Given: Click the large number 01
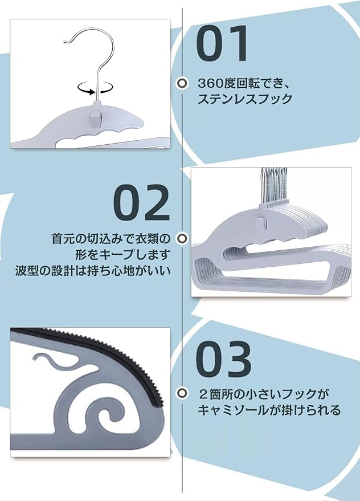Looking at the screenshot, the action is click(x=222, y=43).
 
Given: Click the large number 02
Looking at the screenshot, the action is click(x=141, y=202).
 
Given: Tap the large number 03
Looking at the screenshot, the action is click(x=223, y=359).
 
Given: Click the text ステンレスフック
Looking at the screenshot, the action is click(x=245, y=99).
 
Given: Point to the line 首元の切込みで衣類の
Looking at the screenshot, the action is click(x=111, y=239).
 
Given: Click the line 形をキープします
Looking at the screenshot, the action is click(x=123, y=255).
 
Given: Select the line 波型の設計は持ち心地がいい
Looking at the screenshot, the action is click(x=93, y=271).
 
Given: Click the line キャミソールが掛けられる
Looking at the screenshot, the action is click(x=269, y=410).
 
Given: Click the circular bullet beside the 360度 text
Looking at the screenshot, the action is click(x=182, y=83).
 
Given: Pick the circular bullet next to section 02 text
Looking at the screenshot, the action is click(x=182, y=238).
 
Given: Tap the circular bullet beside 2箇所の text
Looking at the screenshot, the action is click(x=182, y=393).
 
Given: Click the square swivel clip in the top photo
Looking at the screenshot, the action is click(x=96, y=118).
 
